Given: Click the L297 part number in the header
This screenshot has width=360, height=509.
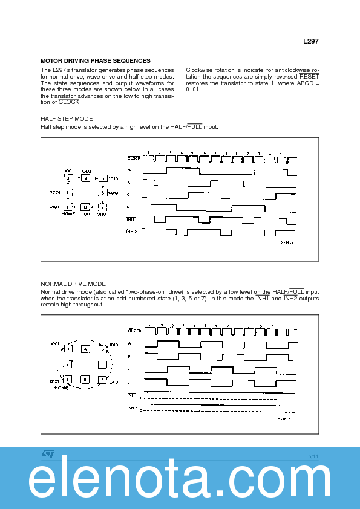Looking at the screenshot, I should pyautogui.click(x=310, y=42).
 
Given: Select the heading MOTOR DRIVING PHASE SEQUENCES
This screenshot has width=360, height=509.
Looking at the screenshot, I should pyautogui.click(x=95, y=61).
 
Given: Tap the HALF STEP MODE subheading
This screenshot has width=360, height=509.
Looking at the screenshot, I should pyautogui.click(x=67, y=119).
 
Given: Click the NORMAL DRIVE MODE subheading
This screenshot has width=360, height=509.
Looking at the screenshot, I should pyautogui.click(x=73, y=284).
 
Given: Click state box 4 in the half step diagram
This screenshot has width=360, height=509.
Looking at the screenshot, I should pyautogui.click(x=85, y=178).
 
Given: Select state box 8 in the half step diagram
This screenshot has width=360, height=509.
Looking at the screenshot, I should pyautogui.click(x=85, y=206).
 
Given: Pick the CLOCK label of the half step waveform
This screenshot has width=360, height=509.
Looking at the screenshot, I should pyautogui.click(x=134, y=158).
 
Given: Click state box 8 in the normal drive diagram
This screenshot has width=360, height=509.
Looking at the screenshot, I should pyautogui.click(x=85, y=379).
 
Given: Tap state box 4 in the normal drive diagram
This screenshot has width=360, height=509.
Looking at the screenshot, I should pyautogui.click(x=85, y=349).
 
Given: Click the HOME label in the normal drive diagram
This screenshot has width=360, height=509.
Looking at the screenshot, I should pyautogui.click(x=62, y=387).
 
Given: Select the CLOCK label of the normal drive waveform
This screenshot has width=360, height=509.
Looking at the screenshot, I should pyautogui.click(x=134, y=331).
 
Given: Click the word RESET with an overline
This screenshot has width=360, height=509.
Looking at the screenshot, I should pyautogui.click(x=309, y=77).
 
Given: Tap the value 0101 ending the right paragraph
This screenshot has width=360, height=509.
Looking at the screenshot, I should pyautogui.click(x=192, y=89).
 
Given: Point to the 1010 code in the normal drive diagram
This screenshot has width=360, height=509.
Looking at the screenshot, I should pyautogui.click(x=115, y=343).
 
